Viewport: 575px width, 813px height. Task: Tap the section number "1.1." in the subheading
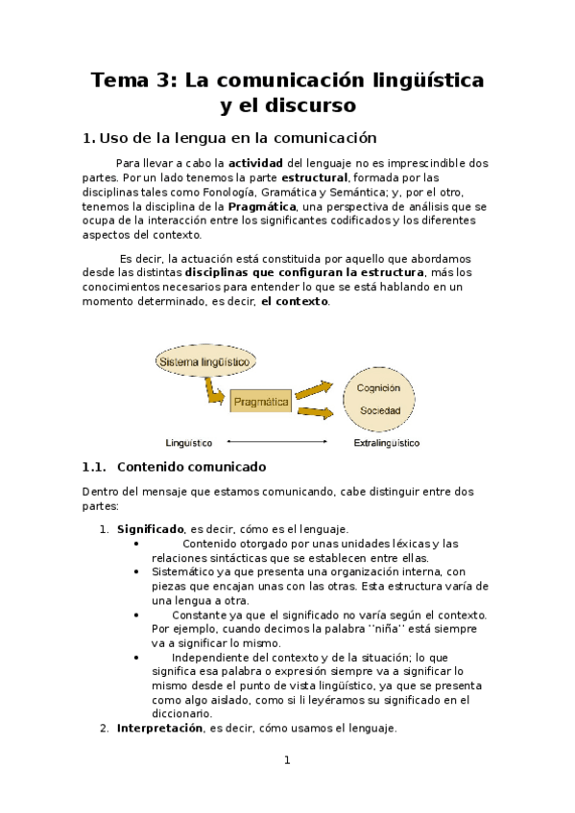pyautogui.click(x=97, y=467)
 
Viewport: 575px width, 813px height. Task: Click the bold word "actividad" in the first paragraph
pyautogui.click(x=255, y=163)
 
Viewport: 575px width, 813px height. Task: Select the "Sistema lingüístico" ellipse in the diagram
pyautogui.click(x=205, y=362)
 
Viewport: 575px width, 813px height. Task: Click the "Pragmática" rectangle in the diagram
pyautogui.click(x=261, y=403)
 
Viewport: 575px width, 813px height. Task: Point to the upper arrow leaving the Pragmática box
pyautogui.click(x=314, y=390)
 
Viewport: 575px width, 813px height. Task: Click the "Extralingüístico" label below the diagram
pyautogui.click(x=387, y=443)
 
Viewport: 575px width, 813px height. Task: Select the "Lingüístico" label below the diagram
pyautogui.click(x=189, y=443)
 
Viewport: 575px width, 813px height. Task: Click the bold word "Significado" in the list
pyautogui.click(x=151, y=528)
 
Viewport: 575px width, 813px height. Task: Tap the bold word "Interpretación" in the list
pyautogui.click(x=159, y=729)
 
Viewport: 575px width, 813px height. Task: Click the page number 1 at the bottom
pyautogui.click(x=286, y=761)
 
